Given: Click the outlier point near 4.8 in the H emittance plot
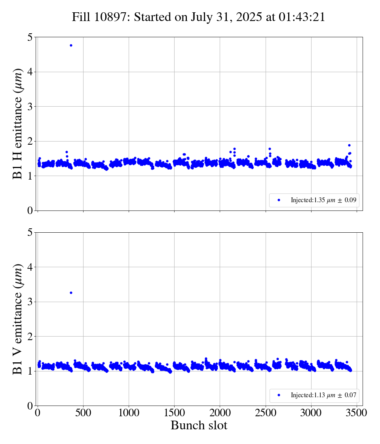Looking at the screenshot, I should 71,46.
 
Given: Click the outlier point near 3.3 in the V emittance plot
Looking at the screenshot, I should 71,293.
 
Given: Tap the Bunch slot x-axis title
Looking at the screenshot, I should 199,426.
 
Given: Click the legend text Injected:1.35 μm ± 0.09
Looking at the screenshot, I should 325,201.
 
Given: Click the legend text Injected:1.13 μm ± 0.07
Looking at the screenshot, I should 325,395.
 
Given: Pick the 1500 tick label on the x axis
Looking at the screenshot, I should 175,413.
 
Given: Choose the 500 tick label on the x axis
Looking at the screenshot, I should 83,413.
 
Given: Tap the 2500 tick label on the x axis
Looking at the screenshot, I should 266,413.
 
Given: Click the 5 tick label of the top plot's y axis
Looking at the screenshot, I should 29,37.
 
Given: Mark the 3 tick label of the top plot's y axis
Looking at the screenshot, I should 29,107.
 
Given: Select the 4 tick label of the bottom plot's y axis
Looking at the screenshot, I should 29,267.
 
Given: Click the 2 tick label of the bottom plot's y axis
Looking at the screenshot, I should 29,337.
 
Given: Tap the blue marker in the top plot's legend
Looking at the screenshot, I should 279,200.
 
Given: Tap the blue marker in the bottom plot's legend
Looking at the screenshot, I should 279,395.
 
